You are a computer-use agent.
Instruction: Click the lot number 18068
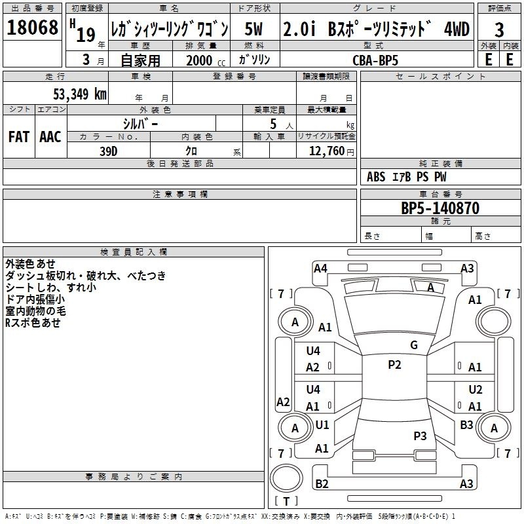[32, 28]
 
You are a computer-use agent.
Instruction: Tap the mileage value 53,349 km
[79, 94]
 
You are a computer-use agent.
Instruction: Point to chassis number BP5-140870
[440, 209]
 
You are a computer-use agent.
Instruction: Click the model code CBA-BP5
[375, 60]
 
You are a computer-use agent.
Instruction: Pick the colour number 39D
[108, 151]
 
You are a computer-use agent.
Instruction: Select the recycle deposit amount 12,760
[326, 151]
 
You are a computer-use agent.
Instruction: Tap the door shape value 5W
[255, 29]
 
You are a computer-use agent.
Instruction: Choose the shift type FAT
[19, 136]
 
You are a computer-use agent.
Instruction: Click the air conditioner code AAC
[50, 136]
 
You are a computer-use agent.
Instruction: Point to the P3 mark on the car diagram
[420, 436]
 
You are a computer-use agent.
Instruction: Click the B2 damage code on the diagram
[322, 484]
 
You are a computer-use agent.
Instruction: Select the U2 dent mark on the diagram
[475, 389]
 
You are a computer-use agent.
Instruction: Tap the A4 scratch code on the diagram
[320, 268]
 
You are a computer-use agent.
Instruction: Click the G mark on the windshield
[413, 345]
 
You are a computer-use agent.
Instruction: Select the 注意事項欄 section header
[179, 195]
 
